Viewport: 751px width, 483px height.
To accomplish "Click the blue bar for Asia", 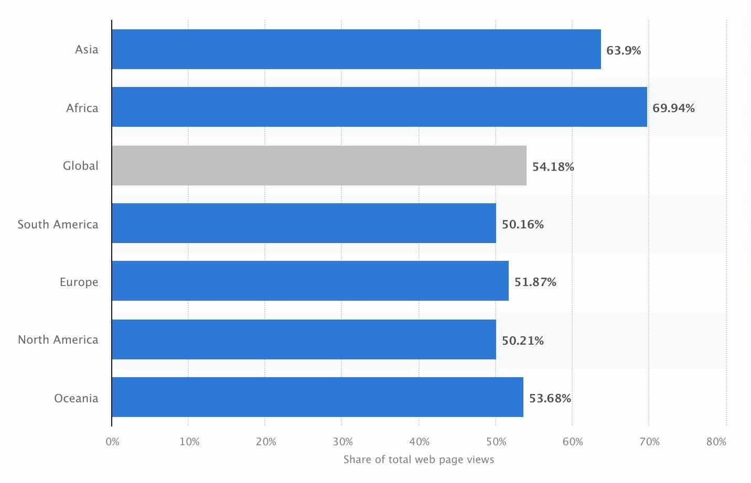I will tap(357, 49).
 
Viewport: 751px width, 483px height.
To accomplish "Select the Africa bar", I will tap(379, 107).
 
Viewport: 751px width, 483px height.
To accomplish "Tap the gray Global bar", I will tap(319, 166).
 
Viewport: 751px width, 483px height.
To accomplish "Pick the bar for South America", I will tap(304, 223).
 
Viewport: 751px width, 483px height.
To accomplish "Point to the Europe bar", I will tap(310, 281).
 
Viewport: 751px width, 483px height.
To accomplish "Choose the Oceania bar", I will tap(317, 397).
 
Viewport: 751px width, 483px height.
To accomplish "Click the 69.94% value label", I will tap(673, 108).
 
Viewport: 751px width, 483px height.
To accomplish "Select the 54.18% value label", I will tap(553, 167).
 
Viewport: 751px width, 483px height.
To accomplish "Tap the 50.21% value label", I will tap(522, 341).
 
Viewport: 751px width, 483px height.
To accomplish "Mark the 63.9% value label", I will tap(624, 50).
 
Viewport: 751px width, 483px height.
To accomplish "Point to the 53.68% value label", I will tap(550, 398).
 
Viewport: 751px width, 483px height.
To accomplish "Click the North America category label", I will tap(58, 339).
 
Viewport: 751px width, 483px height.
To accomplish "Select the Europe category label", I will tap(79, 282).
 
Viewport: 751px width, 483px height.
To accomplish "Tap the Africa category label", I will tap(82, 108).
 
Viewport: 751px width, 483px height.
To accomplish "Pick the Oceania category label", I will tap(76, 398).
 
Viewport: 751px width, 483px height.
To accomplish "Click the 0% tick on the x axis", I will tap(112, 442).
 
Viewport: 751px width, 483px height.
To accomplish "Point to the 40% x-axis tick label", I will tap(419, 442).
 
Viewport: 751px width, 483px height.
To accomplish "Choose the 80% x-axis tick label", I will tap(716, 442).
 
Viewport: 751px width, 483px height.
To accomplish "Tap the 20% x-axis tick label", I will tap(266, 442).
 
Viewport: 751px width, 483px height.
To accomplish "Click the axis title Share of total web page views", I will tap(419, 459).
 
